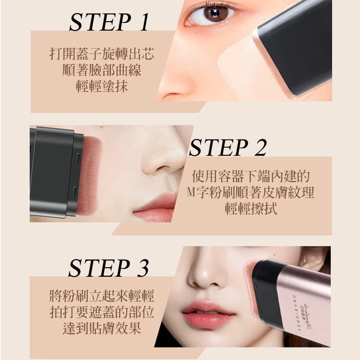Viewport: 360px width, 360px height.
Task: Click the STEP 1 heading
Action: [x=109, y=22]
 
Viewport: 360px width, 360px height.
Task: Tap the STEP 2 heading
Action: [x=228, y=148]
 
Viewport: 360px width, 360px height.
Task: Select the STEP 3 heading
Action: [x=108, y=268]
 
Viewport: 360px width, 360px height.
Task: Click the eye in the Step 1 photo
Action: [x=211, y=14]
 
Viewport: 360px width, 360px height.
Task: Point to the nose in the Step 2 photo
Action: [x=161, y=161]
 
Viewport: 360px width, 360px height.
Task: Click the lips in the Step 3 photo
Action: [x=208, y=311]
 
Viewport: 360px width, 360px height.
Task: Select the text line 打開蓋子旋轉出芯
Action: [x=102, y=54]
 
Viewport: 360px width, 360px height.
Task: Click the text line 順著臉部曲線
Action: [x=102, y=70]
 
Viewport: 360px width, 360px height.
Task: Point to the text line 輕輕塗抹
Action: [x=102, y=86]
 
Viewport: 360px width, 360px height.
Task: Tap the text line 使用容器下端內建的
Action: [x=251, y=176]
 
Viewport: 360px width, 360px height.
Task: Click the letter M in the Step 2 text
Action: [x=191, y=193]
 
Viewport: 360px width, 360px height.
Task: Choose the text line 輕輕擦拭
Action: [x=251, y=208]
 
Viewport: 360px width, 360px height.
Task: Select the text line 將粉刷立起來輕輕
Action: [x=102, y=296]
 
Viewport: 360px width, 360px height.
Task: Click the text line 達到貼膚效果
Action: [x=102, y=328]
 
